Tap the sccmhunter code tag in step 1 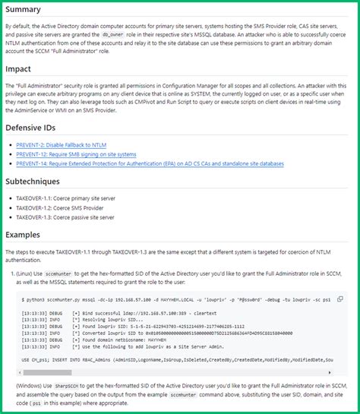coord(59,273)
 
